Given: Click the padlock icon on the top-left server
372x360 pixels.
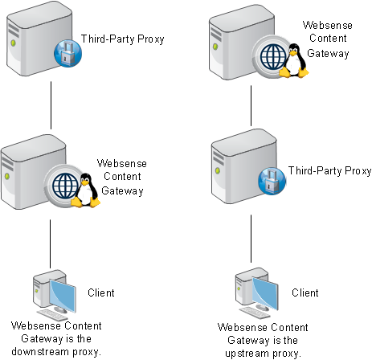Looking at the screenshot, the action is [x=67, y=53].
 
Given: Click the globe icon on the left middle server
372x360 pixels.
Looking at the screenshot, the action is [x=64, y=186].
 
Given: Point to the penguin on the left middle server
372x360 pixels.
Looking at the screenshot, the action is [x=86, y=190].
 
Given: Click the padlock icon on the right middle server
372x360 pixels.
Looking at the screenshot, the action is [x=272, y=181].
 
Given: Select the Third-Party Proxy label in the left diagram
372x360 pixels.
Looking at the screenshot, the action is [x=122, y=39].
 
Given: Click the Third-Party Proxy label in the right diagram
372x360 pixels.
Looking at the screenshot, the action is [x=329, y=171].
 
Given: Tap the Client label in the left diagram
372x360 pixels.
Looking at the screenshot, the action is [x=101, y=292].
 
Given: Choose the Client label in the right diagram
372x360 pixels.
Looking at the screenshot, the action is [x=305, y=292].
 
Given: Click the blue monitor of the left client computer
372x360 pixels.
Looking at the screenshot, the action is [x=63, y=295].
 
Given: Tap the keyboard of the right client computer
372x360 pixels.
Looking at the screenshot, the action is [x=255, y=313].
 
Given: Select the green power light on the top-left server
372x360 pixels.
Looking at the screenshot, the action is [x=13, y=43].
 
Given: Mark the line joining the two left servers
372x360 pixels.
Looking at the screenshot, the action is [x=51, y=105].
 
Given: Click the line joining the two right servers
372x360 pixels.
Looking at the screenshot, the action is [x=251, y=106].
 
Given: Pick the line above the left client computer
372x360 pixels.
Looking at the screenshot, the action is [x=50, y=244].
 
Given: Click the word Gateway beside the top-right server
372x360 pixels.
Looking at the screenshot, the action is [x=328, y=54].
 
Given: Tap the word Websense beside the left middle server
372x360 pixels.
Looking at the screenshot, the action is [x=122, y=163].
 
